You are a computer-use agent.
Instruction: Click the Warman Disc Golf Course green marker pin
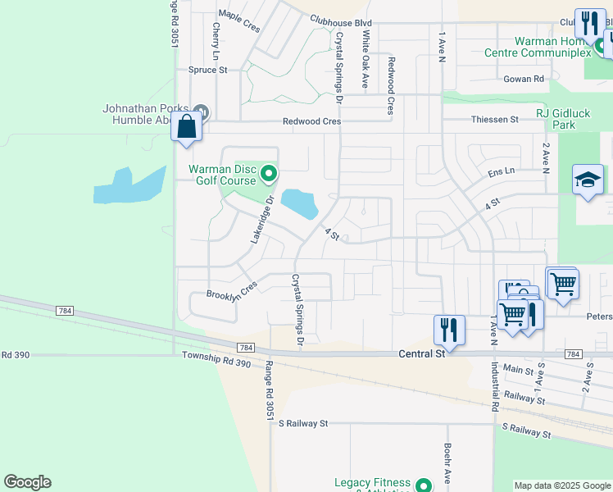point(268,173)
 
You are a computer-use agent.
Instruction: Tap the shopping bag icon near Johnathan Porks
point(186,128)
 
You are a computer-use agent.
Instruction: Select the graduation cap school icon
point(588,181)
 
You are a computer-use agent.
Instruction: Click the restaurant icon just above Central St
point(448,330)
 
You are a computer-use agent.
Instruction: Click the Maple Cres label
point(239,21)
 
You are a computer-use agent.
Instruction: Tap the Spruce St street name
point(208,71)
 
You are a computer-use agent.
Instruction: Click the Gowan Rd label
point(524,79)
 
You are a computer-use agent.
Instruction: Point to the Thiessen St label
point(495,120)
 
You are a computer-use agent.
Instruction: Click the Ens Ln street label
point(501,173)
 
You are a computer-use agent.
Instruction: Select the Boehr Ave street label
point(448,463)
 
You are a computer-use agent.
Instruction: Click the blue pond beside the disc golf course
point(300,203)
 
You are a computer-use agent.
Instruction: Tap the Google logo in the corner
point(27,482)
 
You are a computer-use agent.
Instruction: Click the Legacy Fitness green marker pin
point(424,485)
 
